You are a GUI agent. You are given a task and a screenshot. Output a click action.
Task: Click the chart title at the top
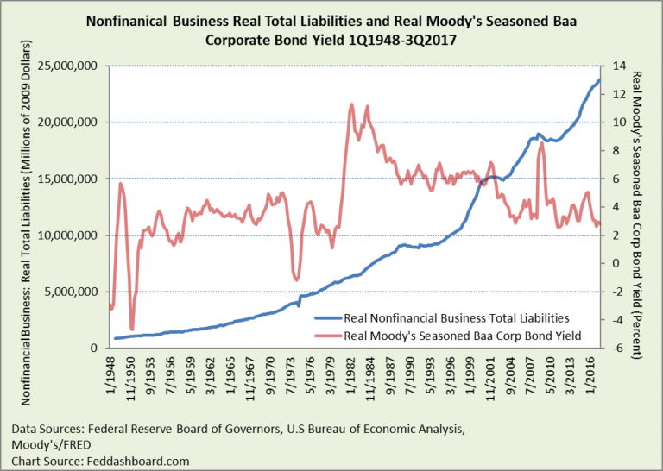pyautogui.click(x=331, y=29)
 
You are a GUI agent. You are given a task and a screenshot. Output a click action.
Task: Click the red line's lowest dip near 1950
pyautogui.click(x=132, y=329)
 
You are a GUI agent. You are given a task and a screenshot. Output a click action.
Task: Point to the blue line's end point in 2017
pyautogui.click(x=600, y=80)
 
